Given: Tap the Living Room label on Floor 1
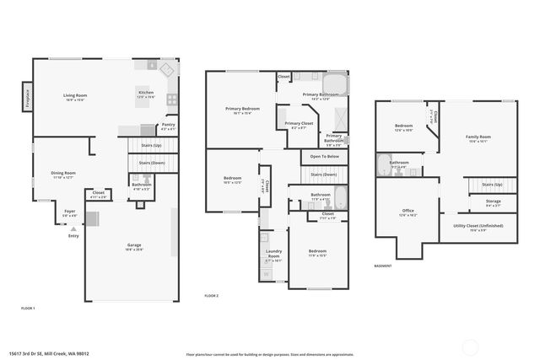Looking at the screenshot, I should tap(75, 95).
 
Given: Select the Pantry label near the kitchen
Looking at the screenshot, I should tap(169, 125).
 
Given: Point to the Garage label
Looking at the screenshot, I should tap(134, 245).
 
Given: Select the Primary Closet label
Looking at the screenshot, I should tap(298, 124).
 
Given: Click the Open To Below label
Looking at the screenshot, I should tap(324, 157).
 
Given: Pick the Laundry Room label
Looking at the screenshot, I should tap(273, 255).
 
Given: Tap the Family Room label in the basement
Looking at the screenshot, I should tap(478, 137).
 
